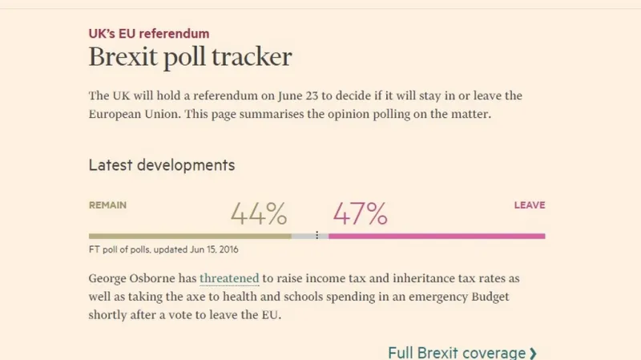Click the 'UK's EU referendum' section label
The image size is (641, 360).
point(148,34)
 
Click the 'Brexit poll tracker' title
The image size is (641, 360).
point(190,58)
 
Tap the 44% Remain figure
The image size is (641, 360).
point(258,214)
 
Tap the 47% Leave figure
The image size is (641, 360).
point(360,214)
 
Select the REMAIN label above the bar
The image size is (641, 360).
point(107,205)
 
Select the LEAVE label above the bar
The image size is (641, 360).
point(529,205)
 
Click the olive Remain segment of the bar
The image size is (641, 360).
point(189,236)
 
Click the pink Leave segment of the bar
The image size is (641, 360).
point(437,236)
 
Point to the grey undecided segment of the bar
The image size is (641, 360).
point(304,236)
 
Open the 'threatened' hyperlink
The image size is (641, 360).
point(229,279)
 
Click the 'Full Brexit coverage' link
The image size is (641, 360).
point(457,353)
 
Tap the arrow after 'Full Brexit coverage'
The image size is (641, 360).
point(534,353)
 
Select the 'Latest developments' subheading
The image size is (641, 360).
point(161,165)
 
